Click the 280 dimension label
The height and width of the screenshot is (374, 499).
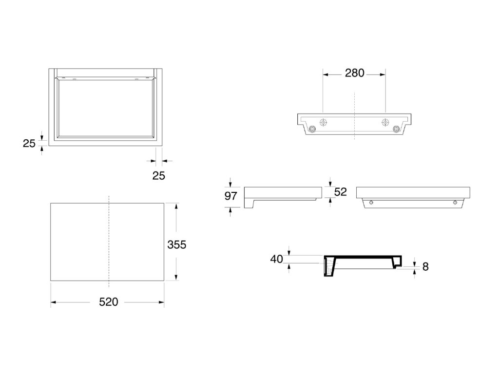pyautogui.click(x=354, y=74)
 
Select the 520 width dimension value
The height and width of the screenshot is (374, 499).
pyautogui.click(x=108, y=302)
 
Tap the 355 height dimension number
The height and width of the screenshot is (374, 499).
pyautogui.click(x=176, y=245)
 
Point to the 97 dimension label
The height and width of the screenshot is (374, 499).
pyautogui.click(x=230, y=196)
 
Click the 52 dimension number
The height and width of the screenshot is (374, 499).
pyautogui.click(x=340, y=192)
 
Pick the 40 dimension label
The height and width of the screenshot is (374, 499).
pyautogui.click(x=277, y=259)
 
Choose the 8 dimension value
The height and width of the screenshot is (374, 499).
pyautogui.click(x=425, y=267)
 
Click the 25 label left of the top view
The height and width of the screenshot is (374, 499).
pyautogui.click(x=29, y=143)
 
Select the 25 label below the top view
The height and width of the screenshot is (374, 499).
pyautogui.click(x=159, y=176)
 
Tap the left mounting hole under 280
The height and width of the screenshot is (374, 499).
pyautogui.click(x=324, y=122)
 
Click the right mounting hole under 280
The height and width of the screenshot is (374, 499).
pyautogui.click(x=385, y=122)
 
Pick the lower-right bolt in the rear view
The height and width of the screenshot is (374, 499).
pyautogui.click(x=397, y=129)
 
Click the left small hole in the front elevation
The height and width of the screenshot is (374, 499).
pyautogui.click(x=371, y=203)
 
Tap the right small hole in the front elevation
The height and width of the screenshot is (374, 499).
pyautogui.click(x=455, y=203)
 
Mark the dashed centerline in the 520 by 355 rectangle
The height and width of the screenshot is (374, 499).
pyautogui.click(x=108, y=241)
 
